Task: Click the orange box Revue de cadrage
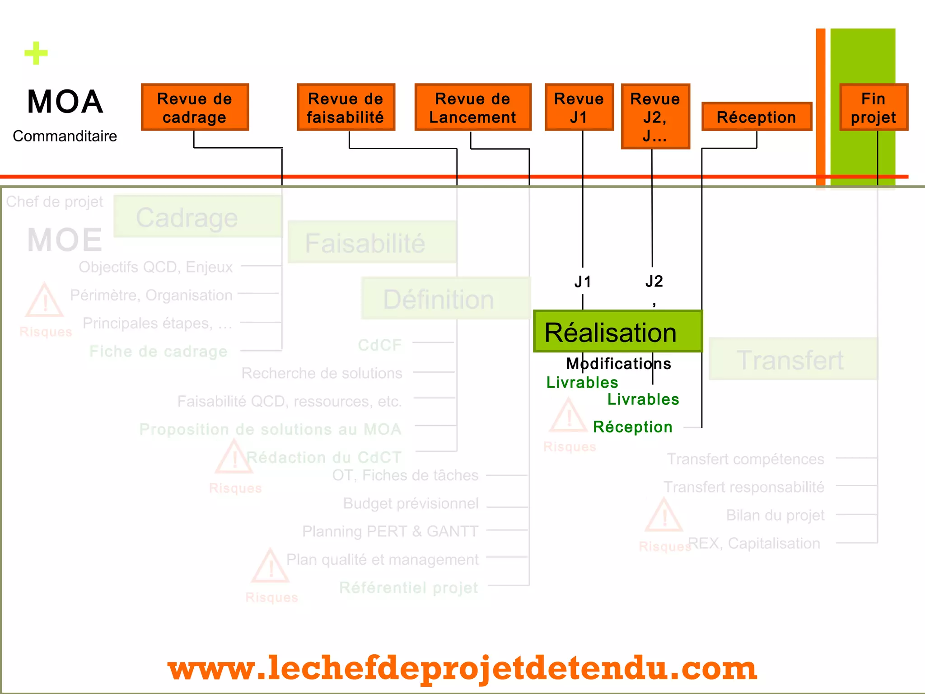195,108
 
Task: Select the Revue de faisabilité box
346,108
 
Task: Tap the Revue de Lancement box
472,108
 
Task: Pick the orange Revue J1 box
579,108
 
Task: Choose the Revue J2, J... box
655,117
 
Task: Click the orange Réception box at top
757,117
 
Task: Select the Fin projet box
874,108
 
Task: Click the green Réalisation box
617,332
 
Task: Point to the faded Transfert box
793,359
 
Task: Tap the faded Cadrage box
197,217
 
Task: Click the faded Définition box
445,299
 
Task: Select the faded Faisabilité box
372,242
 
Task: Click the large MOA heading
65,102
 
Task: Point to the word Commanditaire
65,136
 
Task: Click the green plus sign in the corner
36,53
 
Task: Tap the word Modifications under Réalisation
618,364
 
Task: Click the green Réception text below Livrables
632,427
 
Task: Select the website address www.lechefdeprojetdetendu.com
462,668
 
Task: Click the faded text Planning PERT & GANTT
390,531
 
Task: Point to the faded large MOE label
65,239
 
